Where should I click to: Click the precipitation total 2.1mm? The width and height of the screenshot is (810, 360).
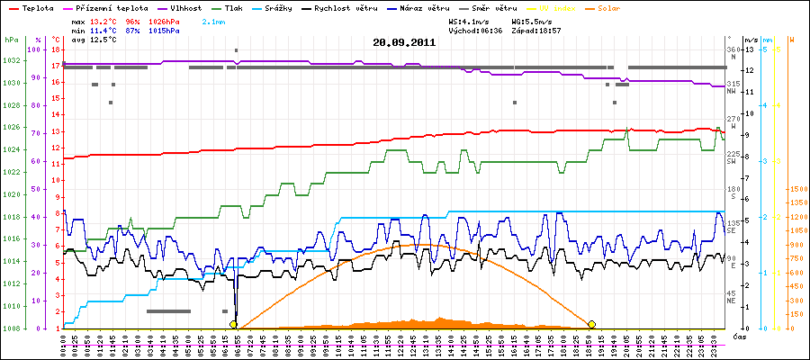click(213, 20)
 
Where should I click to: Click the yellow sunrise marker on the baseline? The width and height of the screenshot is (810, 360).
click(233, 324)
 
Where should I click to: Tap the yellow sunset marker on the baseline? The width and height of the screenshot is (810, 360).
click(591, 324)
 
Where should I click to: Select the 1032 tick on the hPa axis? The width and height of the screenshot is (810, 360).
click(11, 61)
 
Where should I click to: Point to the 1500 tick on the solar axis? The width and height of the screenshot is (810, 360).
click(797, 189)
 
